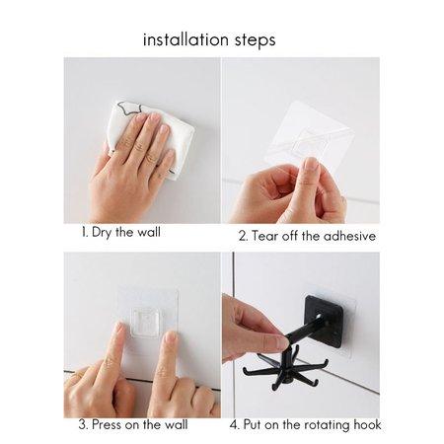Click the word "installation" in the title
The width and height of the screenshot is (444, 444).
pos(185,39)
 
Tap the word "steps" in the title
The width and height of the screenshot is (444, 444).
pos(255,40)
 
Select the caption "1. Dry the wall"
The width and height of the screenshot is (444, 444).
pos(121,232)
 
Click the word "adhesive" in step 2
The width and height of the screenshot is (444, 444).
pos(349,236)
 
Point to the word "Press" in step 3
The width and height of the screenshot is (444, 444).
pos(107,424)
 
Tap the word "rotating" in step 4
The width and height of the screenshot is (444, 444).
pos(327,425)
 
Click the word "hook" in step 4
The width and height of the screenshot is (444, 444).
pos(367,424)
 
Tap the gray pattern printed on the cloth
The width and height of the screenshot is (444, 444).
pos(131,109)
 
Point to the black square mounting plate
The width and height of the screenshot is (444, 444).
pos(324,322)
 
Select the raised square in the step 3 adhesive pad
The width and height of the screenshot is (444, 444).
pos(147,323)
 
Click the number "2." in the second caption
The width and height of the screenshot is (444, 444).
pos(244,237)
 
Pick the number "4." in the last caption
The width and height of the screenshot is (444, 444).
pos(235,425)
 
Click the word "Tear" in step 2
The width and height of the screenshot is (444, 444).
pos(263,236)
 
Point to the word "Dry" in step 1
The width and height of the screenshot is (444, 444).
pos(102,233)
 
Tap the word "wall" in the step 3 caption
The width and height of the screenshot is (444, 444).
pos(176,424)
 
